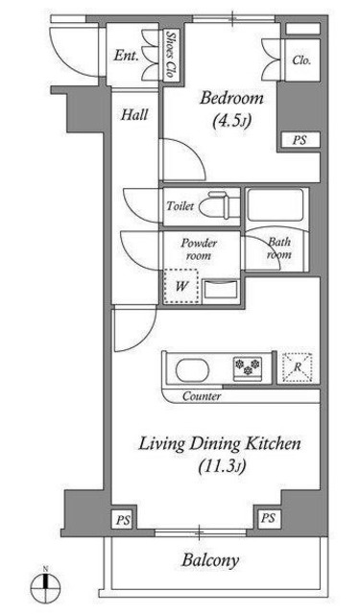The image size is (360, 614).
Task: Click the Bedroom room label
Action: [x=231, y=98]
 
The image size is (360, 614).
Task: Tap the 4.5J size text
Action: [x=231, y=122]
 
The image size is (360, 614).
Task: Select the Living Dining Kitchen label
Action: [x=220, y=444]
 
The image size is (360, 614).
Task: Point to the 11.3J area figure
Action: [x=222, y=466]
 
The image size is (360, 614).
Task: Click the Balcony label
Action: [x=210, y=560]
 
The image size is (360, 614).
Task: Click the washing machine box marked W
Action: [x=181, y=286]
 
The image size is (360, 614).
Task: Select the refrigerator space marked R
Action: [x=298, y=367]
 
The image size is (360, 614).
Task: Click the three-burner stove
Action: [x=248, y=367]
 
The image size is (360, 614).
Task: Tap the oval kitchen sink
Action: [x=192, y=370]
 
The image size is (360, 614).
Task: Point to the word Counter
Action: [x=202, y=396]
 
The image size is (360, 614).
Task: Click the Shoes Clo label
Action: [x=170, y=56]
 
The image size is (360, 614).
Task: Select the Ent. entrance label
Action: [x=126, y=56]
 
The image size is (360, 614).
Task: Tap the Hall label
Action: [x=134, y=115]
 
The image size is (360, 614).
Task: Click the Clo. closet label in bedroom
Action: [x=301, y=60]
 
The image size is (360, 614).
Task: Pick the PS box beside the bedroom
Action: [x=300, y=140]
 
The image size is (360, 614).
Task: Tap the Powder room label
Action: [x=199, y=249]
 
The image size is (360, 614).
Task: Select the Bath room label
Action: [x=279, y=248]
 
